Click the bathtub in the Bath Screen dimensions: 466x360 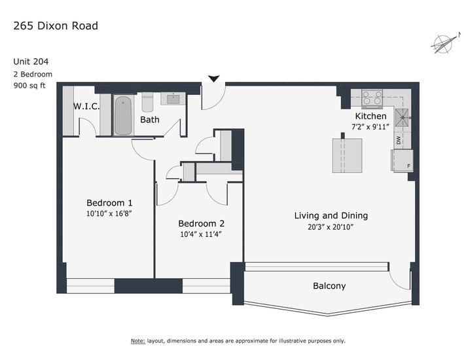tap(123, 115)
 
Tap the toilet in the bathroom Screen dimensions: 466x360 tap(147, 102)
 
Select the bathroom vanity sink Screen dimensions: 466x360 tap(173, 99)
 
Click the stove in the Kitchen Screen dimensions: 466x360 tap(372, 98)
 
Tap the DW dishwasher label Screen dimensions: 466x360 tap(399, 139)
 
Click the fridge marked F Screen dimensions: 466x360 tap(402, 161)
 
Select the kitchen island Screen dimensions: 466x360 tap(347, 155)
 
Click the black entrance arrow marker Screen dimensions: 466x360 tap(213, 79)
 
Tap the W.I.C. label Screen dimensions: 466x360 tap(86, 106)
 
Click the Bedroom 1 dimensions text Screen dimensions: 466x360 tap(109, 213)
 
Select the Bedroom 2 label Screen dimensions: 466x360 tap(201, 223)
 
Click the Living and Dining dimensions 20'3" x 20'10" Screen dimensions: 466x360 tap(331, 227)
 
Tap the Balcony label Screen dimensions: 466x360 tap(329, 286)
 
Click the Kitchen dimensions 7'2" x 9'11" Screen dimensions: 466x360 tap(370, 127)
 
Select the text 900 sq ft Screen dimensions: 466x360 tap(29, 86)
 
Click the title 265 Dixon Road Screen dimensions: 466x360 tap(56, 26)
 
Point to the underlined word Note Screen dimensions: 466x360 tap(138, 341)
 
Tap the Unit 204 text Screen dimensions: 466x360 tap(31, 62)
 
